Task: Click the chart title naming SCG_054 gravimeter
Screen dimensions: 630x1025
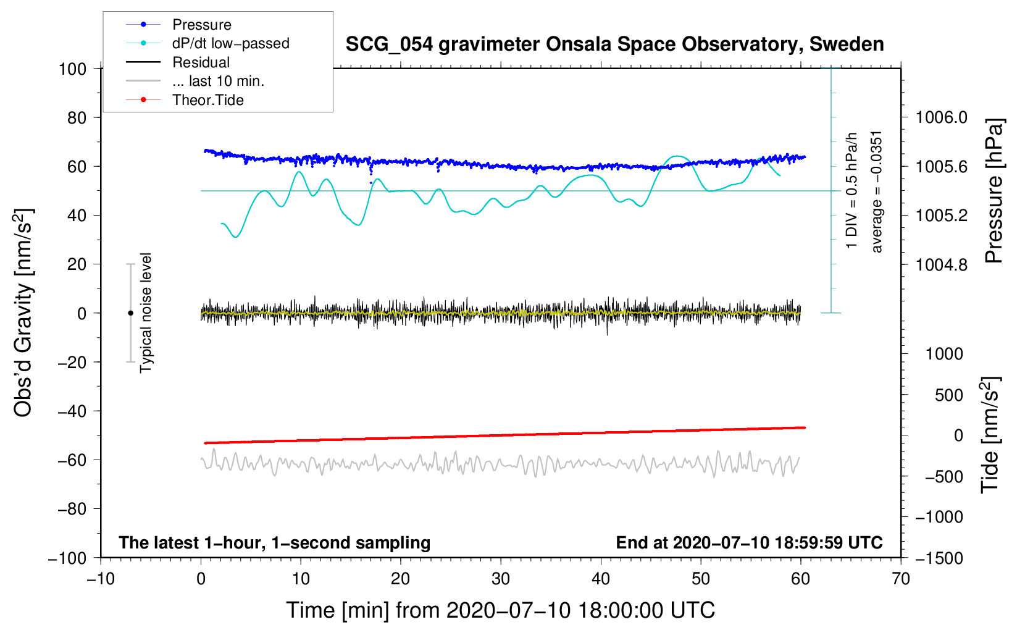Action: pos(614,44)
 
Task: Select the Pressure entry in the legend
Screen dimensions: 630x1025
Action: pos(201,25)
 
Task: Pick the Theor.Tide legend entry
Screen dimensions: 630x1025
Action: pos(207,100)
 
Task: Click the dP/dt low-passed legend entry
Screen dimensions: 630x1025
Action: pos(230,43)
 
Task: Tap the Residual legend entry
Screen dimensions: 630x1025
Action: pos(201,62)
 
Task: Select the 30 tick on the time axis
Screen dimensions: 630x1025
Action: pos(501,579)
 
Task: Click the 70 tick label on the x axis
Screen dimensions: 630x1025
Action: pos(901,579)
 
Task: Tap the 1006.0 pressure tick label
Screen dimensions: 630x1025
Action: pos(942,117)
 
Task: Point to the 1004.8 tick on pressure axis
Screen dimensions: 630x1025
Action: pos(942,264)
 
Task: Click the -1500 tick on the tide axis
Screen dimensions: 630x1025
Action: pos(939,558)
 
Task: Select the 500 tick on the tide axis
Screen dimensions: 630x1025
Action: pos(948,395)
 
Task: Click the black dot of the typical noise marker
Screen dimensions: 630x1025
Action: pos(130,313)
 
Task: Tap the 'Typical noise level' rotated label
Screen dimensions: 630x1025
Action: pos(146,313)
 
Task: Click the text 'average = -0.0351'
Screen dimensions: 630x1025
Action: pos(877,191)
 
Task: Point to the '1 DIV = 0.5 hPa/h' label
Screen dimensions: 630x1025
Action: pos(852,190)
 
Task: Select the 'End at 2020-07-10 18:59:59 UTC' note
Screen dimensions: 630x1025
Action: pos(749,543)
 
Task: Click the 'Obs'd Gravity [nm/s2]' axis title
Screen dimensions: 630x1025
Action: pos(23,313)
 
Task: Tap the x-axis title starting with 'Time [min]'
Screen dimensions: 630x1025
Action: pos(500,610)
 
